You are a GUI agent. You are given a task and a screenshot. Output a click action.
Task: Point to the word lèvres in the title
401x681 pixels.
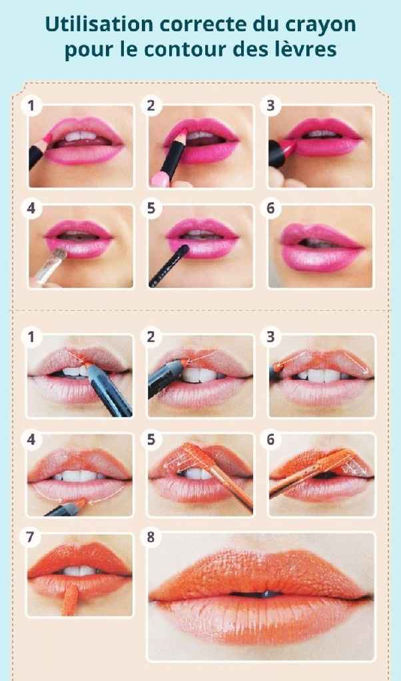[309, 49]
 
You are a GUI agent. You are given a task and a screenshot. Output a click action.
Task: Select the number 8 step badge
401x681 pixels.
[151, 537]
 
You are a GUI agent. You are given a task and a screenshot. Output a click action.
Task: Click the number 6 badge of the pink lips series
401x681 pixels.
[270, 207]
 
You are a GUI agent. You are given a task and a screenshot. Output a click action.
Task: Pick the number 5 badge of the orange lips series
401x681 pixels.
[151, 438]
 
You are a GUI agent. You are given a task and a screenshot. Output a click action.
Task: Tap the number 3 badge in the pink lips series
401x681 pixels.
[270, 105]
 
